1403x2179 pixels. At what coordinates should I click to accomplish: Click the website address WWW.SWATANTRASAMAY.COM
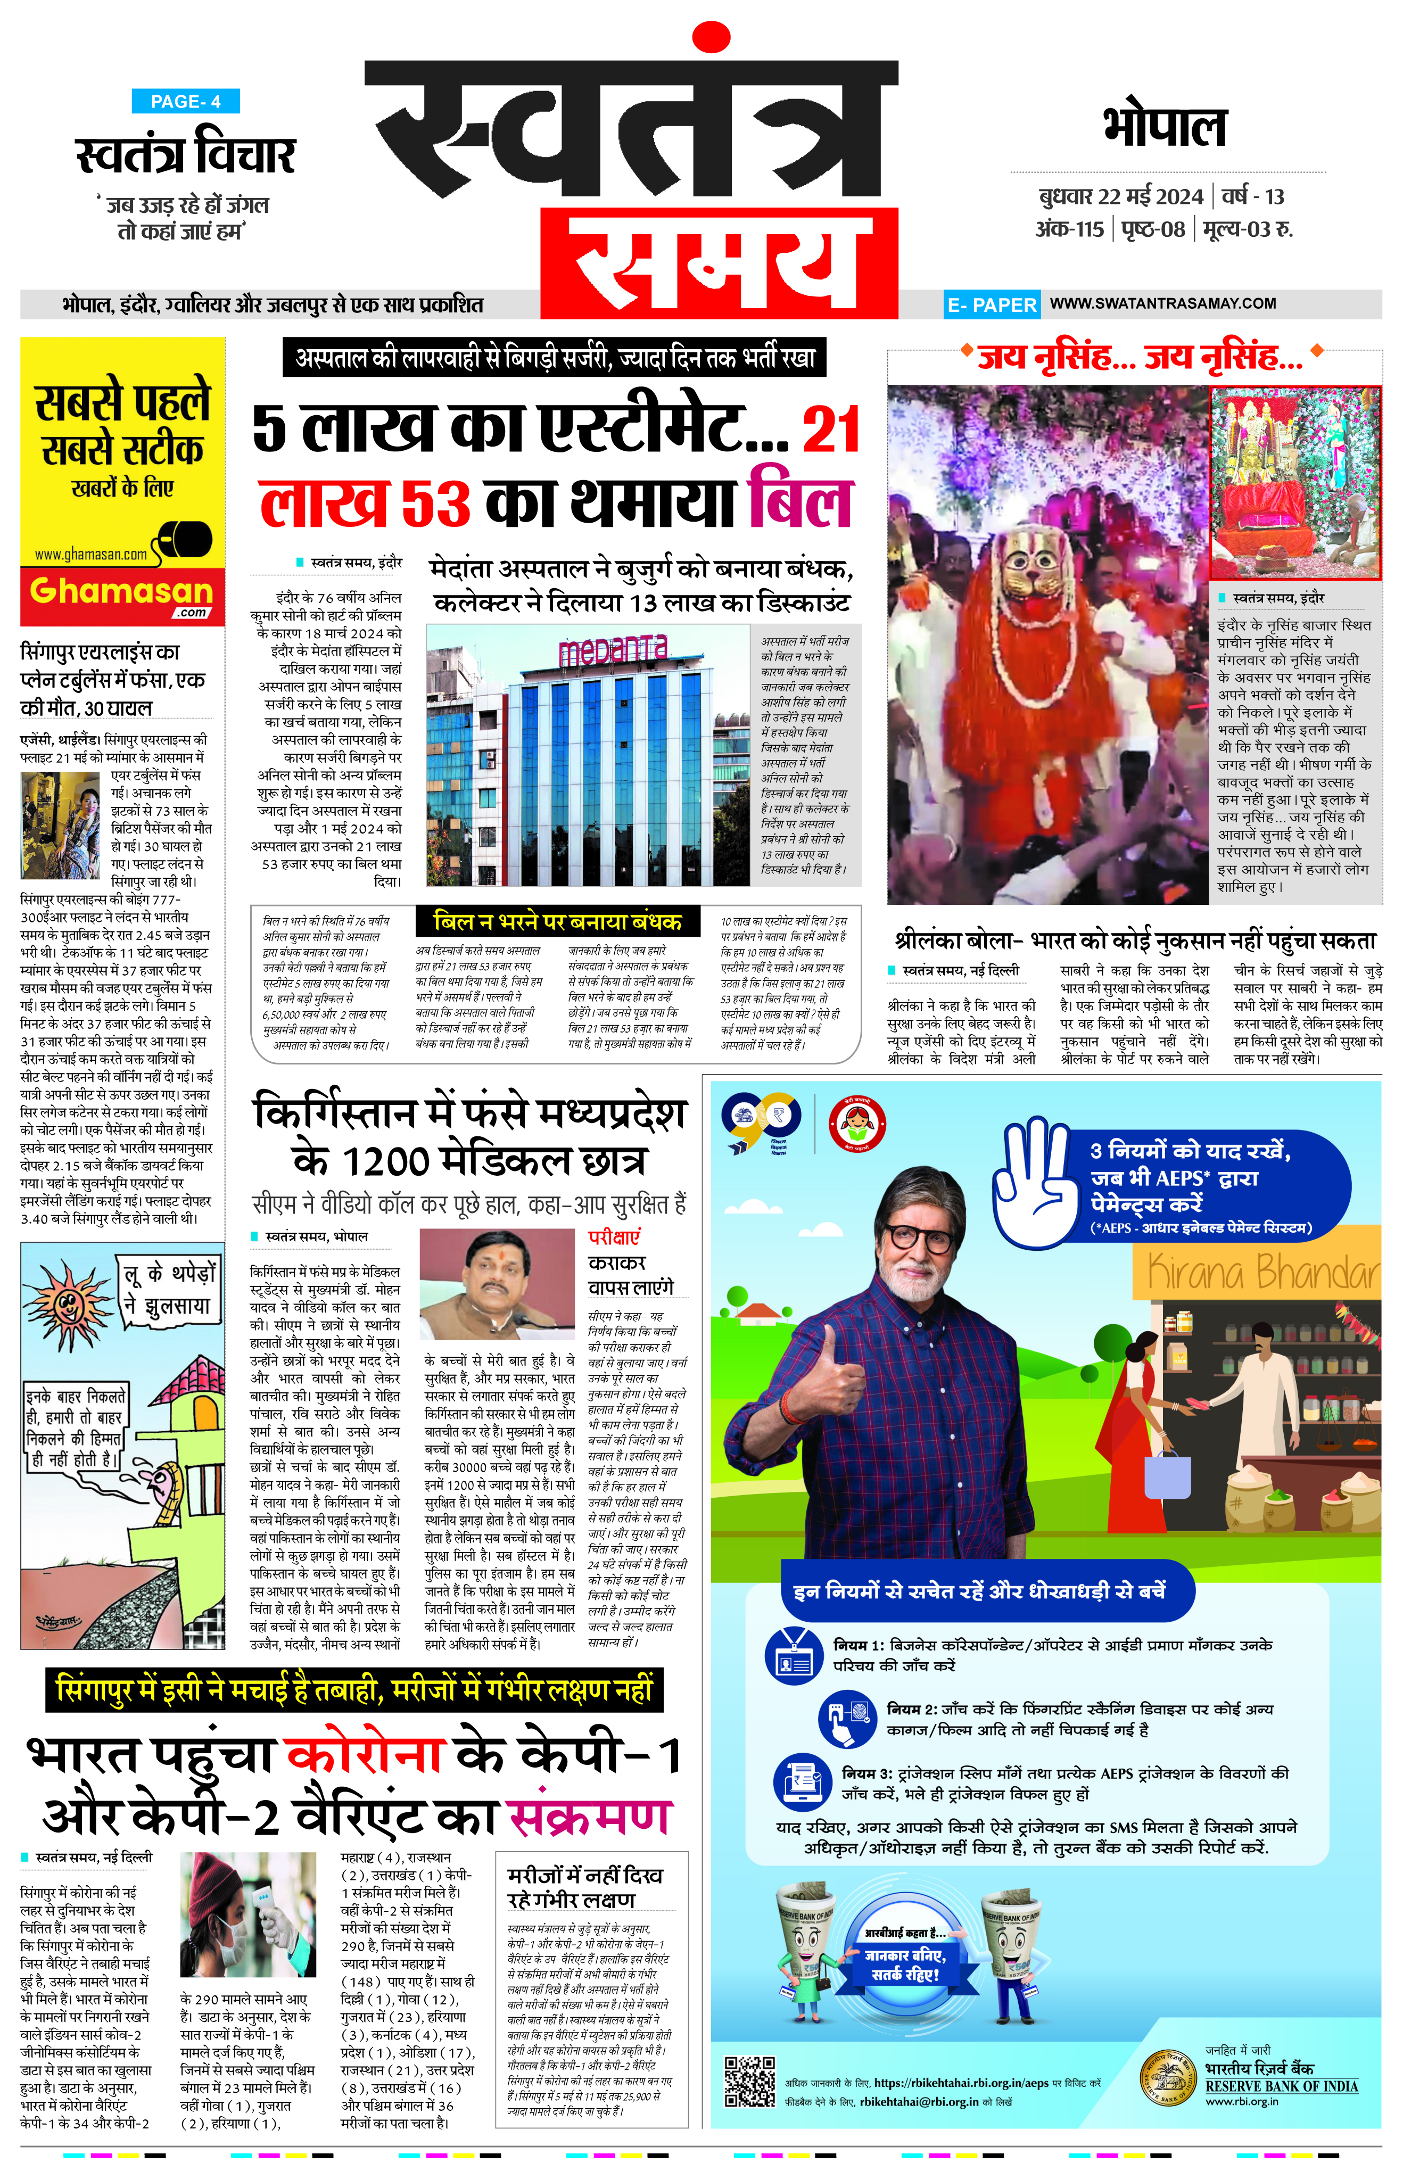coord(1162,303)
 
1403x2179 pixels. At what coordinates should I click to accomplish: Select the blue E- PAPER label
coord(991,305)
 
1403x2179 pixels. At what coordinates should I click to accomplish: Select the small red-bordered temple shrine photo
coord(1294,483)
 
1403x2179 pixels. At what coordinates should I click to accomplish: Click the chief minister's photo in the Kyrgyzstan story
coord(498,1284)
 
